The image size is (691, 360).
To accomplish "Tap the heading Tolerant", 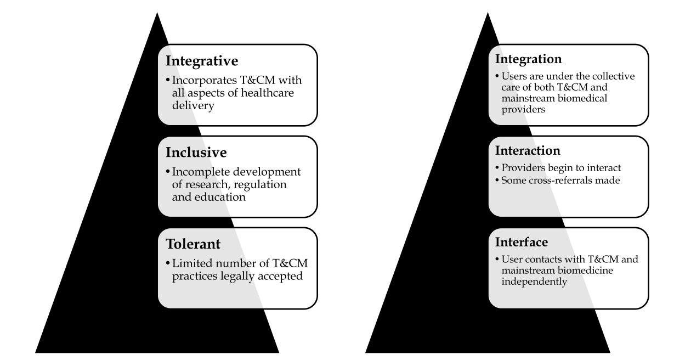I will pyautogui.click(x=193, y=243).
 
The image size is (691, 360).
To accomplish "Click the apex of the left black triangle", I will pyautogui.click(x=157, y=13).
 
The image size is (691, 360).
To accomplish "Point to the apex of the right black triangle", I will pyautogui.click(x=488, y=13).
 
